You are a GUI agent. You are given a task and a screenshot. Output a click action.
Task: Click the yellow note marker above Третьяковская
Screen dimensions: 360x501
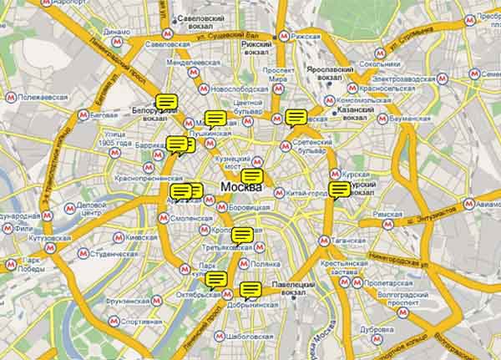coord(242,236)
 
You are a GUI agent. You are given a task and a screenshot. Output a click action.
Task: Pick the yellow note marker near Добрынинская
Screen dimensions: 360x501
coord(250,291)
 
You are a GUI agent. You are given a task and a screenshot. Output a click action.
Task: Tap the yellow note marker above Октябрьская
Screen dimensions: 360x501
coord(215,280)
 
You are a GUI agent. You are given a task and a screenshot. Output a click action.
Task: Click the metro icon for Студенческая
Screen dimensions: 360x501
coord(83,251)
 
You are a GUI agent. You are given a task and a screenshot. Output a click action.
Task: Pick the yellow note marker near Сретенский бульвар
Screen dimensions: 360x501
coord(295,118)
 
